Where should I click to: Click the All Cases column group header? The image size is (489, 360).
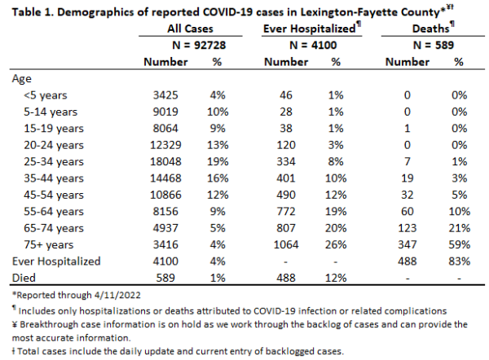(190, 29)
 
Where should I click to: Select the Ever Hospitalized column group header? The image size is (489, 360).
(312, 29)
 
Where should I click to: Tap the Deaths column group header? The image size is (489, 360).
(434, 29)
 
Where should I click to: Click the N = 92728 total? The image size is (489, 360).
(199, 45)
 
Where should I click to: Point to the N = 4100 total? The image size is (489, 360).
(313, 45)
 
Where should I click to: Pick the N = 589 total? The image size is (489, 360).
(434, 45)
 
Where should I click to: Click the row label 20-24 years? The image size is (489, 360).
(54, 145)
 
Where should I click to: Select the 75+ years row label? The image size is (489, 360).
(49, 244)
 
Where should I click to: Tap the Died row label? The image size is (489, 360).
(24, 278)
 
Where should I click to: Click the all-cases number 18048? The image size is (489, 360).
(165, 161)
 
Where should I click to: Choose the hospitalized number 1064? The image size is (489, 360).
(286, 244)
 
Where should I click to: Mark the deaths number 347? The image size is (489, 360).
(407, 244)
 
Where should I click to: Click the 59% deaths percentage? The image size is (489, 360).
(460, 244)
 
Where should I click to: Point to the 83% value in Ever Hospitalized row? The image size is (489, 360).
(460, 261)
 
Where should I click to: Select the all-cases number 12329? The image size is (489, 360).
(165, 145)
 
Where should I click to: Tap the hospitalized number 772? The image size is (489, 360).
(286, 211)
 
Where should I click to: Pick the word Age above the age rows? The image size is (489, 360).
(21, 79)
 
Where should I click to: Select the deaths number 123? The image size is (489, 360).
(407, 228)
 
